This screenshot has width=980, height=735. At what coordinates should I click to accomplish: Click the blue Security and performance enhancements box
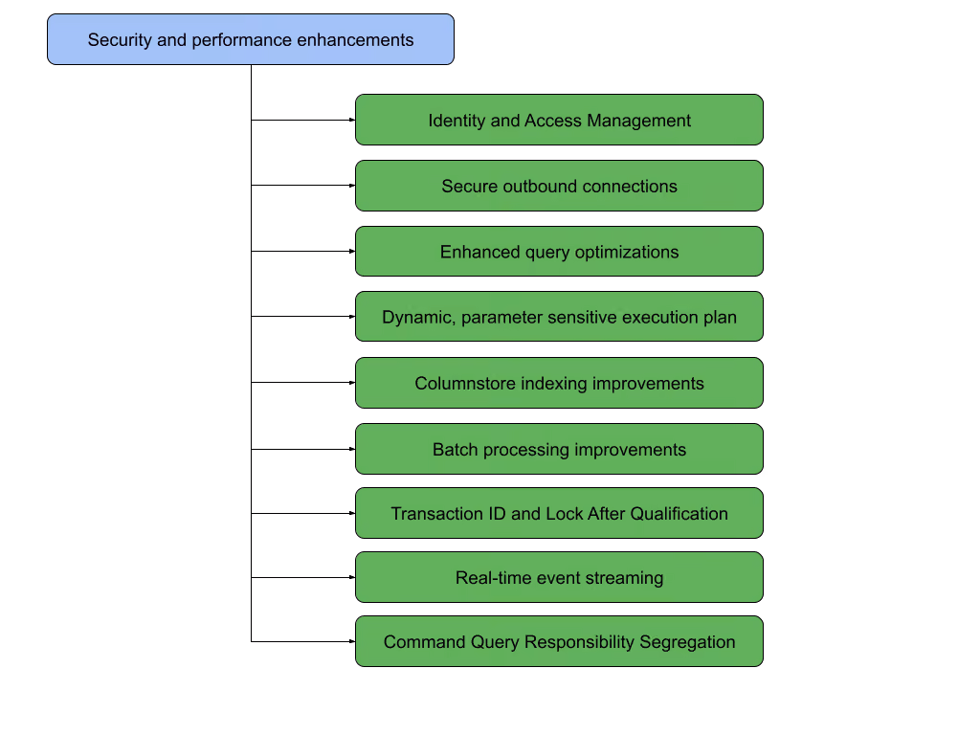[x=251, y=39]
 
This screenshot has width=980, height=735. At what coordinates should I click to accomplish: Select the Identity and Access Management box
[x=559, y=120]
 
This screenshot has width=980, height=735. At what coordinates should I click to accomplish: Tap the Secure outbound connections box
[x=559, y=186]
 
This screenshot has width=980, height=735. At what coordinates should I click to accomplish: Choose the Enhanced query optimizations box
[x=559, y=252]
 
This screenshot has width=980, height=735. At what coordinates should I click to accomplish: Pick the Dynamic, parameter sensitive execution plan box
[x=559, y=316]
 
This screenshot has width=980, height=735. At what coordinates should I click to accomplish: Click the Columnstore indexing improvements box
[x=559, y=383]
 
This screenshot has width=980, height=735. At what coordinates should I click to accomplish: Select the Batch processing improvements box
[x=559, y=449]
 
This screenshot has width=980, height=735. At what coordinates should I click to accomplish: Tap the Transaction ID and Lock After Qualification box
[x=559, y=513]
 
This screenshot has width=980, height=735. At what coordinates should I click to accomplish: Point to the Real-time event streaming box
[x=559, y=577]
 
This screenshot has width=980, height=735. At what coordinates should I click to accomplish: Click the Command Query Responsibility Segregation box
[x=559, y=641]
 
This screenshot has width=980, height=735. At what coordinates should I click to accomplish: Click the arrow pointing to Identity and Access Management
[x=303, y=120]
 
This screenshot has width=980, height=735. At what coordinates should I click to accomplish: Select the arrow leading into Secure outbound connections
[x=303, y=186]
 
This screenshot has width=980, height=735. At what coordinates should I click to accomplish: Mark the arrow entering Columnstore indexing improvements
[x=303, y=383]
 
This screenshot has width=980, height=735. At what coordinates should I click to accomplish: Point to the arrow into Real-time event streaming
[x=303, y=577]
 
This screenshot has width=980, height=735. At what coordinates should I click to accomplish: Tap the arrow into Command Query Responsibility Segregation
[x=303, y=641]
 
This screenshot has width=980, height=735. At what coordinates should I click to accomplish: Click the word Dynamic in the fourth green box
[x=418, y=318]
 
